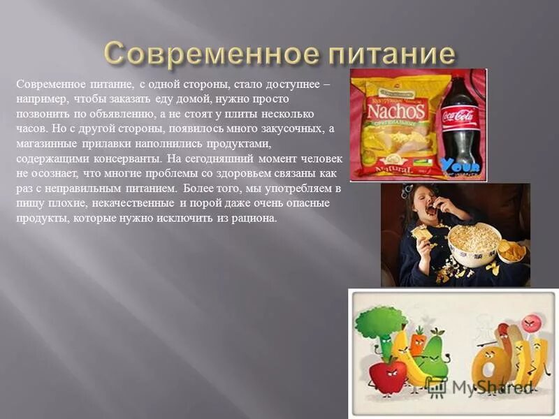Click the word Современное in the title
pyautogui.click(x=198, y=53)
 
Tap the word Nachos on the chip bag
pyautogui.click(x=395, y=110)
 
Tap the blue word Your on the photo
pyautogui.click(x=460, y=166)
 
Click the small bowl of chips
pyautogui.click(x=513, y=250)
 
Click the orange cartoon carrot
pyautogui.click(x=418, y=343)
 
